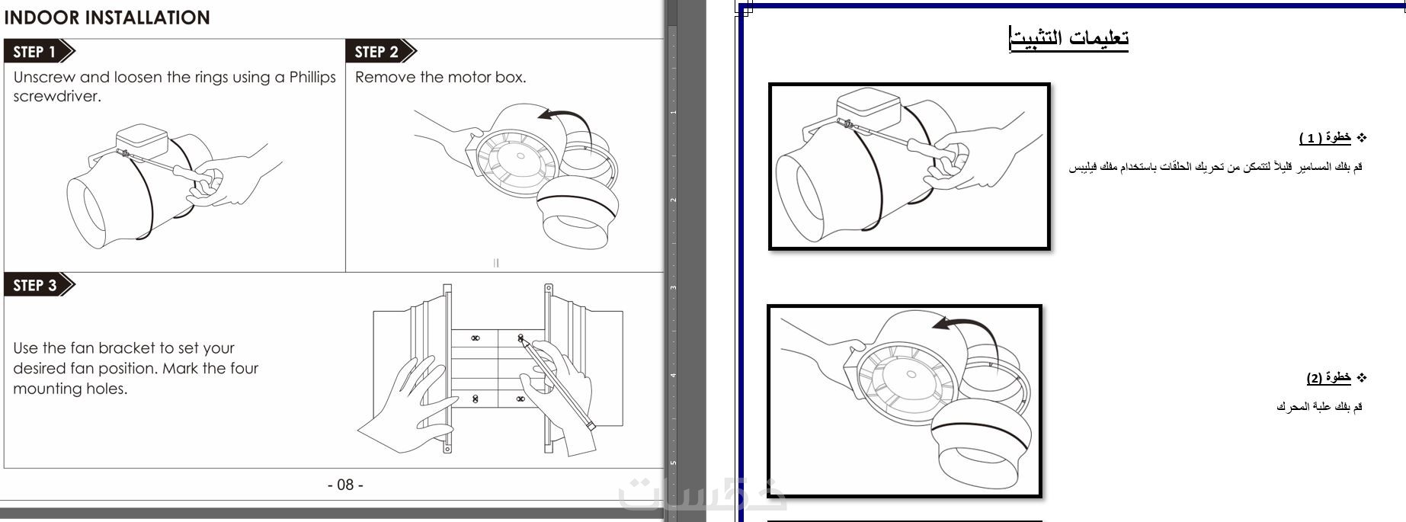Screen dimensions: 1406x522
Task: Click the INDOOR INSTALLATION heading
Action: pyautogui.click(x=107, y=18)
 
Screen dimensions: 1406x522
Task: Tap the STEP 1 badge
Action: pyautogui.click(x=40, y=52)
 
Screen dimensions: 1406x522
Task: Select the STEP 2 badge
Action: pyautogui.click(x=381, y=52)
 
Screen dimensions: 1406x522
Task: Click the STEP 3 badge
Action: pyautogui.click(x=40, y=285)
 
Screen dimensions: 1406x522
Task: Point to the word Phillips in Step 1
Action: pyautogui.click(x=312, y=77)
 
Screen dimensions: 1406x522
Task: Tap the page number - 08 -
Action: pyautogui.click(x=345, y=485)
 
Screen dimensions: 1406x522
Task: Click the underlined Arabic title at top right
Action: pyautogui.click(x=1068, y=38)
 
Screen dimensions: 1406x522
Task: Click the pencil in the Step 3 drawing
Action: pyautogui.click(x=556, y=383)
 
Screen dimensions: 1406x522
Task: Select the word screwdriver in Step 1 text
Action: pyautogui.click(x=56, y=97)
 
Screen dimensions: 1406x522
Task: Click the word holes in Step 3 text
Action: pyautogui.click(x=107, y=389)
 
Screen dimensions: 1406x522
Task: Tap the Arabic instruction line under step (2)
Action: pyautogui.click(x=1319, y=406)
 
